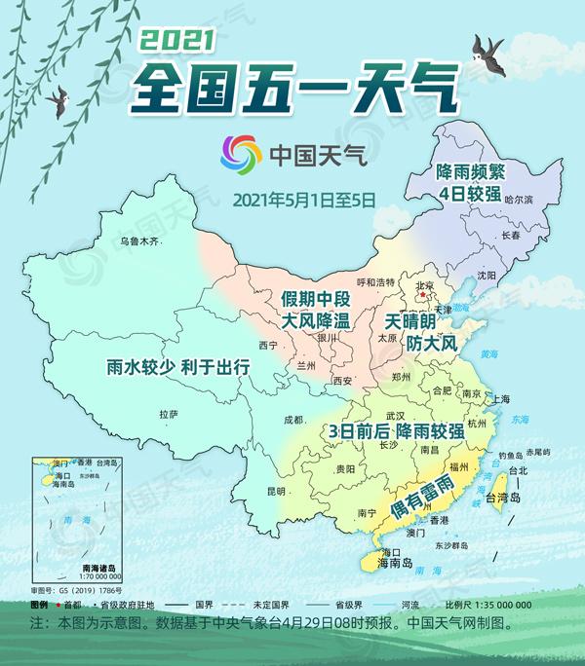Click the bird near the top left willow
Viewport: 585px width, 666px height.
point(59,97)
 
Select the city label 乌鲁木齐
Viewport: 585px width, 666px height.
point(137,240)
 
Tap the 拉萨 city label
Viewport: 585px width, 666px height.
point(169,415)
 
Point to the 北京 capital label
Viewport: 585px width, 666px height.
point(424,285)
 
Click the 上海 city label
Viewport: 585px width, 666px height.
point(501,398)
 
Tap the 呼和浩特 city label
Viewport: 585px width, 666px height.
point(375,282)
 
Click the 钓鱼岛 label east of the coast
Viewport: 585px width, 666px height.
point(512,455)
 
